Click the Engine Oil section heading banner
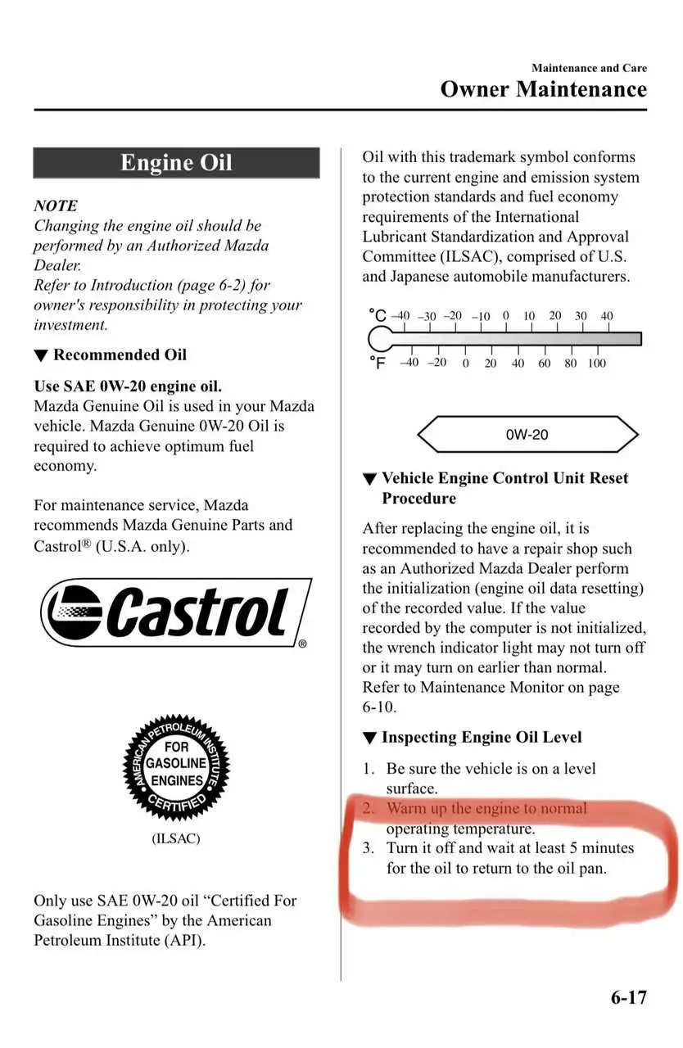coord(176,163)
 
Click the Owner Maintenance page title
coord(543,89)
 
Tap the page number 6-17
coord(628,997)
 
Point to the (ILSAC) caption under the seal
coord(176,838)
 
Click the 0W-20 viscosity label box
coord(527,435)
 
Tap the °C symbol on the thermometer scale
coord(377,315)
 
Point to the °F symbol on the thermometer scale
coord(377,362)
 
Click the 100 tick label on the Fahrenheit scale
coord(596,363)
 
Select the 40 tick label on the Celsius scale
coord(606,316)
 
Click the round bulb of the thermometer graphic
coord(381,338)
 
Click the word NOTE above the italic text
coord(56,206)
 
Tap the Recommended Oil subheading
coord(119,355)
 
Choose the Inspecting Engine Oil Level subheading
coord(481,737)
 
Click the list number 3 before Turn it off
coord(368,848)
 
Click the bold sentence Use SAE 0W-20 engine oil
coord(128,386)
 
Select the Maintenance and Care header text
coord(589,68)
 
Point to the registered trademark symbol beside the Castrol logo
coord(302,644)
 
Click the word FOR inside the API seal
coord(176,746)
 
